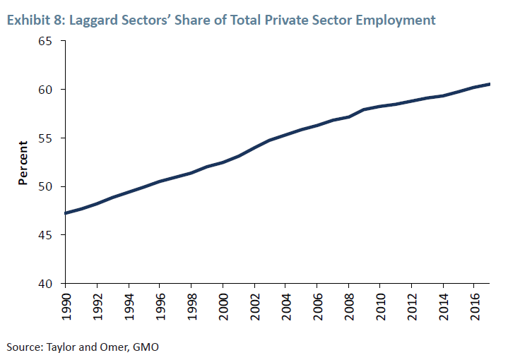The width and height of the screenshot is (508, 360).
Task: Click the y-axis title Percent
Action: point(23,163)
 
